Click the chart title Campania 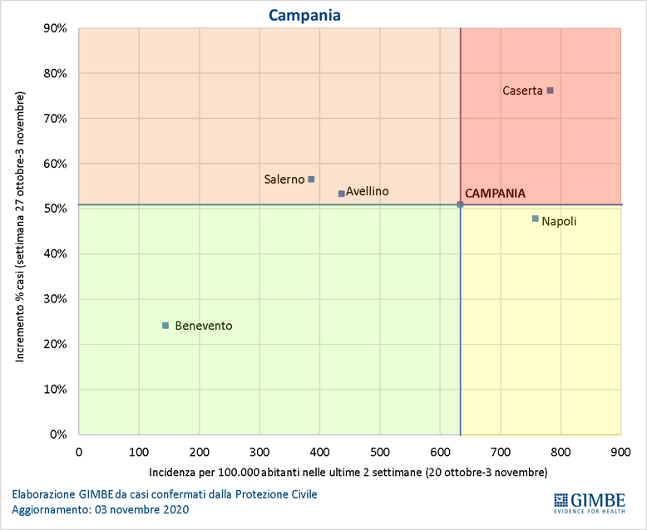pyautogui.click(x=305, y=15)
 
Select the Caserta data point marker pyautogui.click(x=550, y=91)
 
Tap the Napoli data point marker pyautogui.click(x=536, y=218)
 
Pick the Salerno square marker pyautogui.click(x=311, y=179)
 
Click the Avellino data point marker pyautogui.click(x=342, y=194)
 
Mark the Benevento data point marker pyautogui.click(x=165, y=326)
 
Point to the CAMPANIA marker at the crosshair pyautogui.click(x=461, y=204)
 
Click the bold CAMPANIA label pyautogui.click(x=495, y=193)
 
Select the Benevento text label pyautogui.click(x=204, y=326)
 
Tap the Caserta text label pyautogui.click(x=522, y=91)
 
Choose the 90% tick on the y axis pyautogui.click(x=55, y=28)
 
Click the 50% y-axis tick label pyautogui.click(x=55, y=209)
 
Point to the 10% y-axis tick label pyautogui.click(x=55, y=389)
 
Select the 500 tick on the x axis pyautogui.click(x=380, y=452)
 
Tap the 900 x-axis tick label pyautogui.click(x=620, y=452)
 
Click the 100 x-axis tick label pyautogui.click(x=139, y=452)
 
